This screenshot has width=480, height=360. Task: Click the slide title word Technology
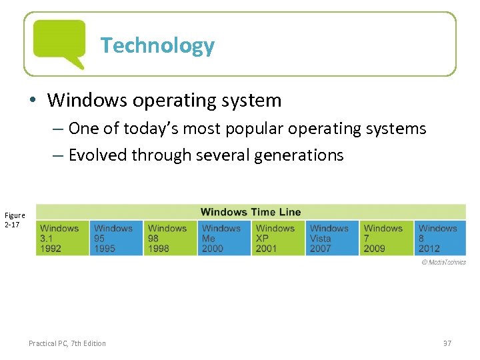(x=157, y=45)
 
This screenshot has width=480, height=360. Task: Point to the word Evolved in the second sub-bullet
(x=98, y=155)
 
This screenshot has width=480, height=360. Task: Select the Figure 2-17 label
(x=15, y=220)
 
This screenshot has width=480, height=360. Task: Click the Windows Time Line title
(x=251, y=212)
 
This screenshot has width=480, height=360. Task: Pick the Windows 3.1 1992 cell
(x=63, y=238)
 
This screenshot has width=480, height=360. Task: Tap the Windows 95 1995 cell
(x=117, y=238)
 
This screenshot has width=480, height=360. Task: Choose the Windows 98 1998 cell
(x=171, y=238)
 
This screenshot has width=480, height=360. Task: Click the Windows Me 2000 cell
(x=225, y=238)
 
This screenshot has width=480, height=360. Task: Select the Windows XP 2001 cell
(x=279, y=238)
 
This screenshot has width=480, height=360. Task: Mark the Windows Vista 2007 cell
(x=333, y=238)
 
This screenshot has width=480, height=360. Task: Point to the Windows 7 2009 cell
(x=387, y=238)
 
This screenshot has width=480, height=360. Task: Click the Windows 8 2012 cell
(x=440, y=238)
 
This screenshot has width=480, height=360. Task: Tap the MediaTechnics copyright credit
(x=443, y=262)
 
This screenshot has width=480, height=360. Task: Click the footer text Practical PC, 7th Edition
(x=67, y=343)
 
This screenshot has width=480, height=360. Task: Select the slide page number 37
(x=447, y=343)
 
